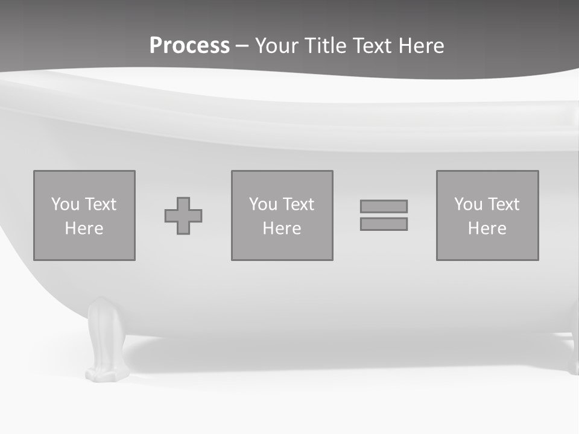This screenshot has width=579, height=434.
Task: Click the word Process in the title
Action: (x=189, y=46)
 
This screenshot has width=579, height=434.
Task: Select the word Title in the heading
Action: (x=327, y=46)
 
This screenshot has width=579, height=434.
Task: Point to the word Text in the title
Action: (x=375, y=46)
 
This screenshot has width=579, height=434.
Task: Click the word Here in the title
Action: (x=422, y=46)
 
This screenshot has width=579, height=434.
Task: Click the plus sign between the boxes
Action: (x=183, y=216)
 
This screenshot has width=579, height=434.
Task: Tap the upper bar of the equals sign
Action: (x=384, y=206)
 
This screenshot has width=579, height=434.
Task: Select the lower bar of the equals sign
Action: (x=384, y=224)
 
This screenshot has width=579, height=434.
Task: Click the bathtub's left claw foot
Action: (x=107, y=341)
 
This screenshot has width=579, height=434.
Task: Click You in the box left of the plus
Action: (x=65, y=204)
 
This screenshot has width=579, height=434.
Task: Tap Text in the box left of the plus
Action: (x=100, y=204)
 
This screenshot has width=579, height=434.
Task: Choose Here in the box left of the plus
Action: (x=84, y=228)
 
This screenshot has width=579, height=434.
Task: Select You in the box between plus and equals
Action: (x=263, y=204)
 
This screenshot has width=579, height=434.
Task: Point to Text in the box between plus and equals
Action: (x=298, y=204)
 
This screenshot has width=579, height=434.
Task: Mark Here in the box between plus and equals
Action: (x=282, y=228)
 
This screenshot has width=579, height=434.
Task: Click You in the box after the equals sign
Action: (x=468, y=204)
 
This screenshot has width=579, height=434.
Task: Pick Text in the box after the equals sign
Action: (x=503, y=204)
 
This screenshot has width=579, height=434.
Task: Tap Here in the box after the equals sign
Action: (x=487, y=228)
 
